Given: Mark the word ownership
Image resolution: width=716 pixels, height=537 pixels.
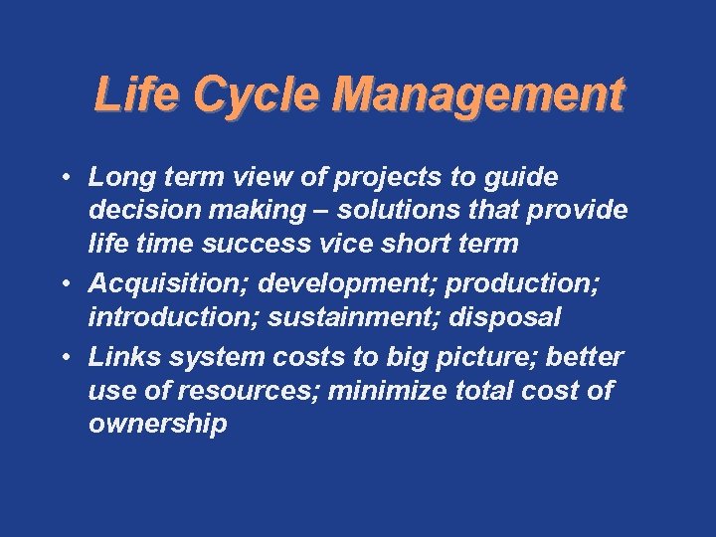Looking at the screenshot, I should pos(157,425).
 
